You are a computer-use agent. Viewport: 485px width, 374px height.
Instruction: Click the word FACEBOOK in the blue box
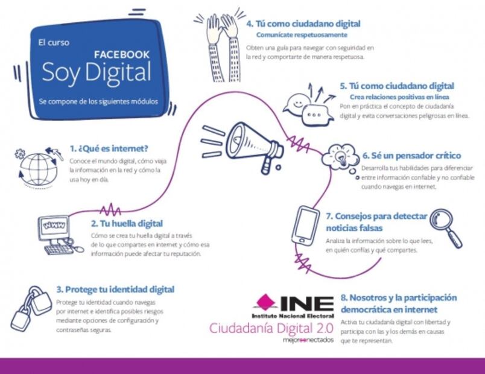tap(122, 55)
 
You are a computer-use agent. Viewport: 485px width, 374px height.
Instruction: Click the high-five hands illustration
tap(223, 47)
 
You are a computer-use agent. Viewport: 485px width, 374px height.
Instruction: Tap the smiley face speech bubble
tap(297, 104)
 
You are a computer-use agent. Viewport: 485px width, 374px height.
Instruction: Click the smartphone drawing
tap(306, 226)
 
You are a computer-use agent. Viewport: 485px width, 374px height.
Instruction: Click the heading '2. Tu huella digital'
tap(127, 223)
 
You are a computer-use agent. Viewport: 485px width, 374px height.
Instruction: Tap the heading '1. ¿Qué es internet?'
tap(109, 148)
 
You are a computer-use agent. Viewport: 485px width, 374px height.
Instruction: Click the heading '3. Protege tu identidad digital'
tap(115, 290)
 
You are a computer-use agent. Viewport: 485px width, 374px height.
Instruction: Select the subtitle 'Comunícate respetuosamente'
tap(302, 34)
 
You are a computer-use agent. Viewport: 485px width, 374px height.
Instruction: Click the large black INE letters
tap(307, 303)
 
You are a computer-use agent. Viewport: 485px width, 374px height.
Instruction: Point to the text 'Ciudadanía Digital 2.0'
tap(271, 328)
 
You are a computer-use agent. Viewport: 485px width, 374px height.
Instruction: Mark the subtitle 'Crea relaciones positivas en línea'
tap(399, 97)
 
